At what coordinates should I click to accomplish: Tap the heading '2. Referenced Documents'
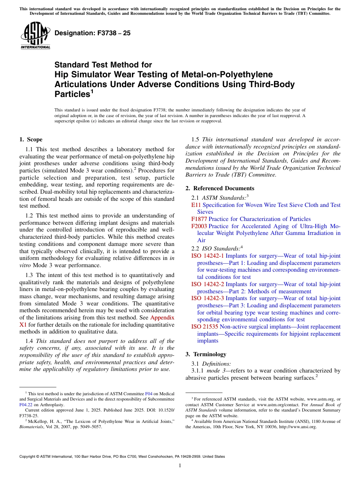tap(220, 188)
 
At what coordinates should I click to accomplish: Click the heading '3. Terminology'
tap(206, 354)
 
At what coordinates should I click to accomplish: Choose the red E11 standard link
tap(196, 205)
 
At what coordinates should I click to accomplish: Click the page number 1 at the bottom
tap(180, 465)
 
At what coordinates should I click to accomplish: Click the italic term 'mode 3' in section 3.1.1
tap(215, 371)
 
